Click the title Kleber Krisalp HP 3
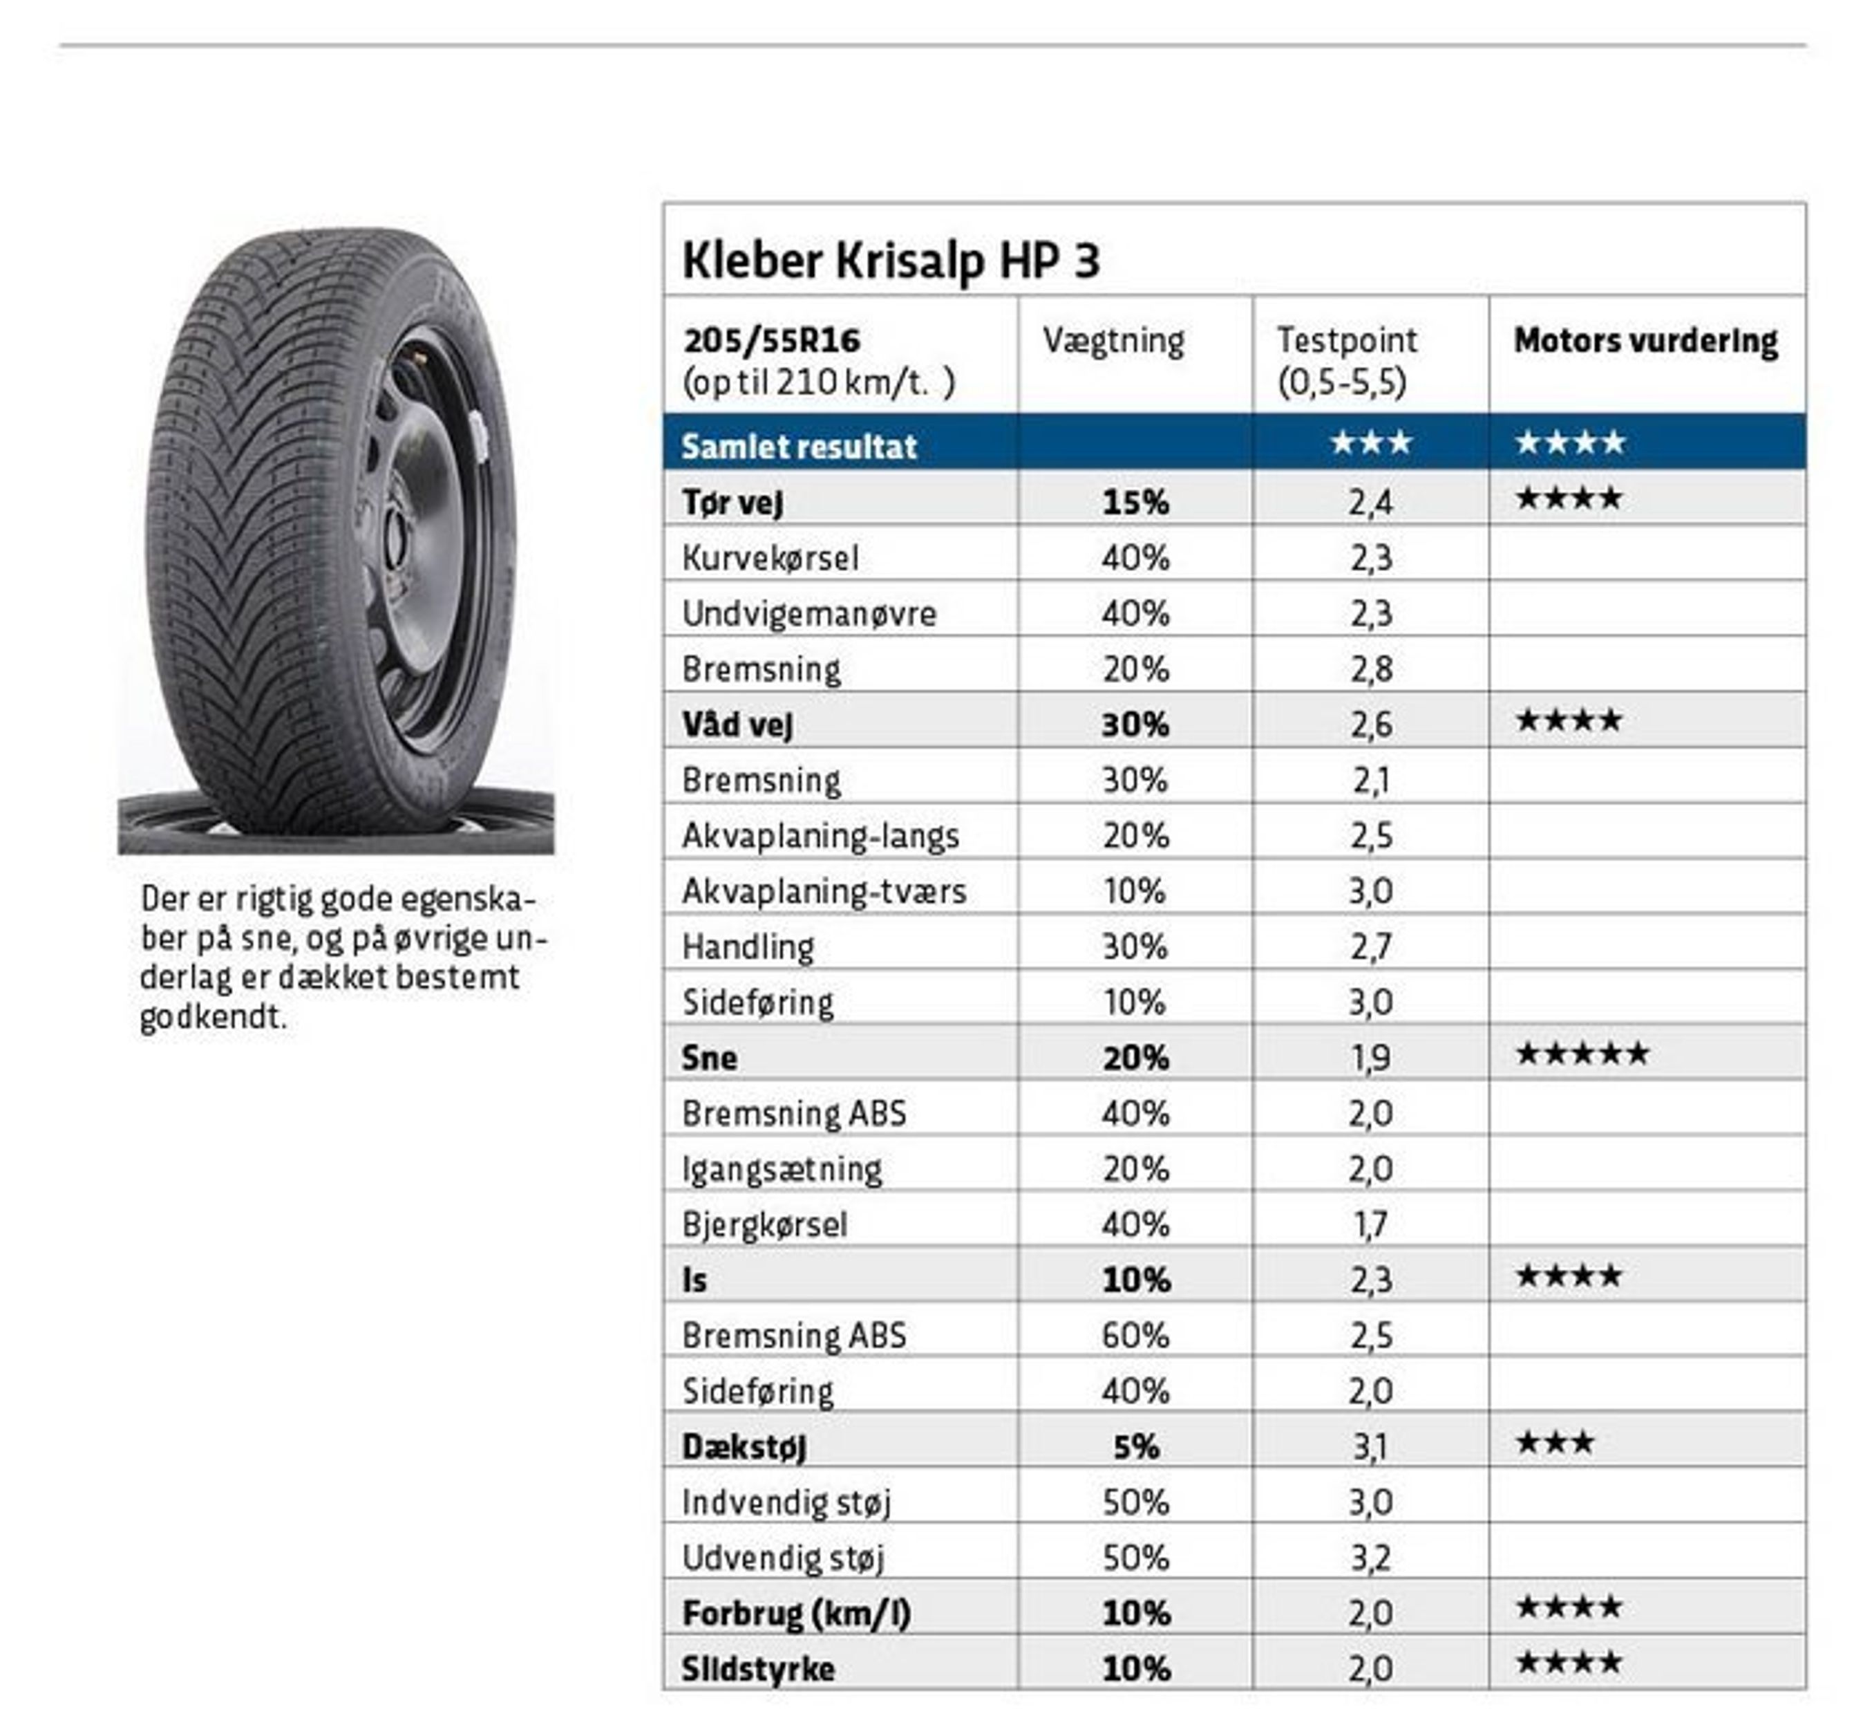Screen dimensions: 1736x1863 890,260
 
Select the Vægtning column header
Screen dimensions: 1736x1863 1113,340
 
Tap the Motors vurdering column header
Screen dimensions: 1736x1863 1645,340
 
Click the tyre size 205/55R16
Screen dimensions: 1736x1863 771,340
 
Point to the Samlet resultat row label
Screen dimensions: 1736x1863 798,446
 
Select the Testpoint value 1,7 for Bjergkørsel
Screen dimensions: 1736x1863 1370,1224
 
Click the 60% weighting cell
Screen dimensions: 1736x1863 1135,1335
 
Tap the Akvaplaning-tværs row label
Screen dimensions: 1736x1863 824,890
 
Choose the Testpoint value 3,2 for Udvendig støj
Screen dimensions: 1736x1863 1370,1558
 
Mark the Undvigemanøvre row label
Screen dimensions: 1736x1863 808,613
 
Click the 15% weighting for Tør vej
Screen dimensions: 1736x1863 1135,503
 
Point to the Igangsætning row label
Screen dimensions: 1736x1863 782,1169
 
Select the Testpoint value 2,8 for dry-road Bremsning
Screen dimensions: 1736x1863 1370,669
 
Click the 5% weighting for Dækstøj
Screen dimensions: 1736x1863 1135,1446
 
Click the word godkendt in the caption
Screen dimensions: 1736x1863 211,1016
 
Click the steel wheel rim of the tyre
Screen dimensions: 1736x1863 422,543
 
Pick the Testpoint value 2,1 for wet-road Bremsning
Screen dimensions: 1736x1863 1370,780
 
